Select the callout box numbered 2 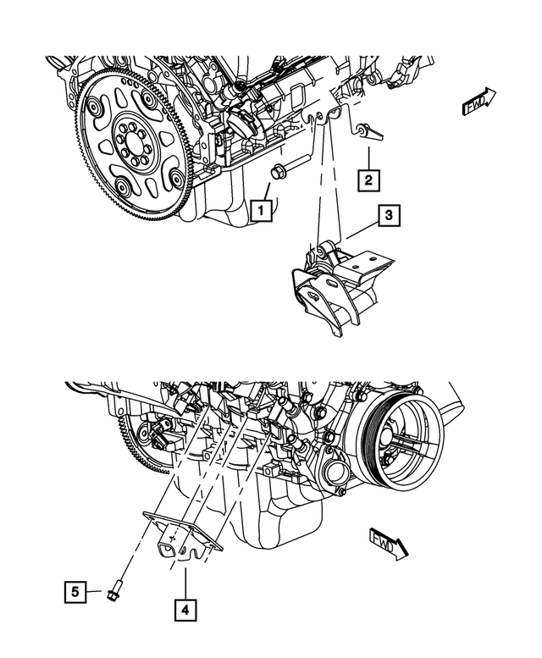pyautogui.click(x=368, y=180)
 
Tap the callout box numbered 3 pyautogui.click(x=388, y=218)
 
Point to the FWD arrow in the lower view pyautogui.click(x=388, y=542)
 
